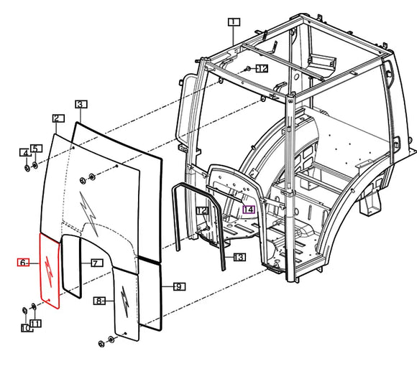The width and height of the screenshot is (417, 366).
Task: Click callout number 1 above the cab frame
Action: click(x=233, y=22)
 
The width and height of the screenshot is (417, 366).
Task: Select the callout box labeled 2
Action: click(x=57, y=118)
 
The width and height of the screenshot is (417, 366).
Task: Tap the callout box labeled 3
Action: click(x=81, y=104)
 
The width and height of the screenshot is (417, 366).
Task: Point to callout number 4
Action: click(x=25, y=153)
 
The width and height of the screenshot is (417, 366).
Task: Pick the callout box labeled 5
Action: click(x=36, y=148)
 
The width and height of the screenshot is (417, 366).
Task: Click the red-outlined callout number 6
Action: click(x=23, y=263)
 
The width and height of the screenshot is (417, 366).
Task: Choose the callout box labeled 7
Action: click(x=93, y=263)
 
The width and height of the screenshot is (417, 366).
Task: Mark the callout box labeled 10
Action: click(x=25, y=328)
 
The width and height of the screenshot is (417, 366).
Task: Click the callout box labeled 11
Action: click(x=35, y=323)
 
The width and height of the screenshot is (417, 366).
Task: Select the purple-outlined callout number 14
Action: click(x=248, y=210)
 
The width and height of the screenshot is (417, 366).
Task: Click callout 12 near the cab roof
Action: click(x=261, y=68)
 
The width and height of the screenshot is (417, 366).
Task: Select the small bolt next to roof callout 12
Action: click(x=247, y=68)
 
